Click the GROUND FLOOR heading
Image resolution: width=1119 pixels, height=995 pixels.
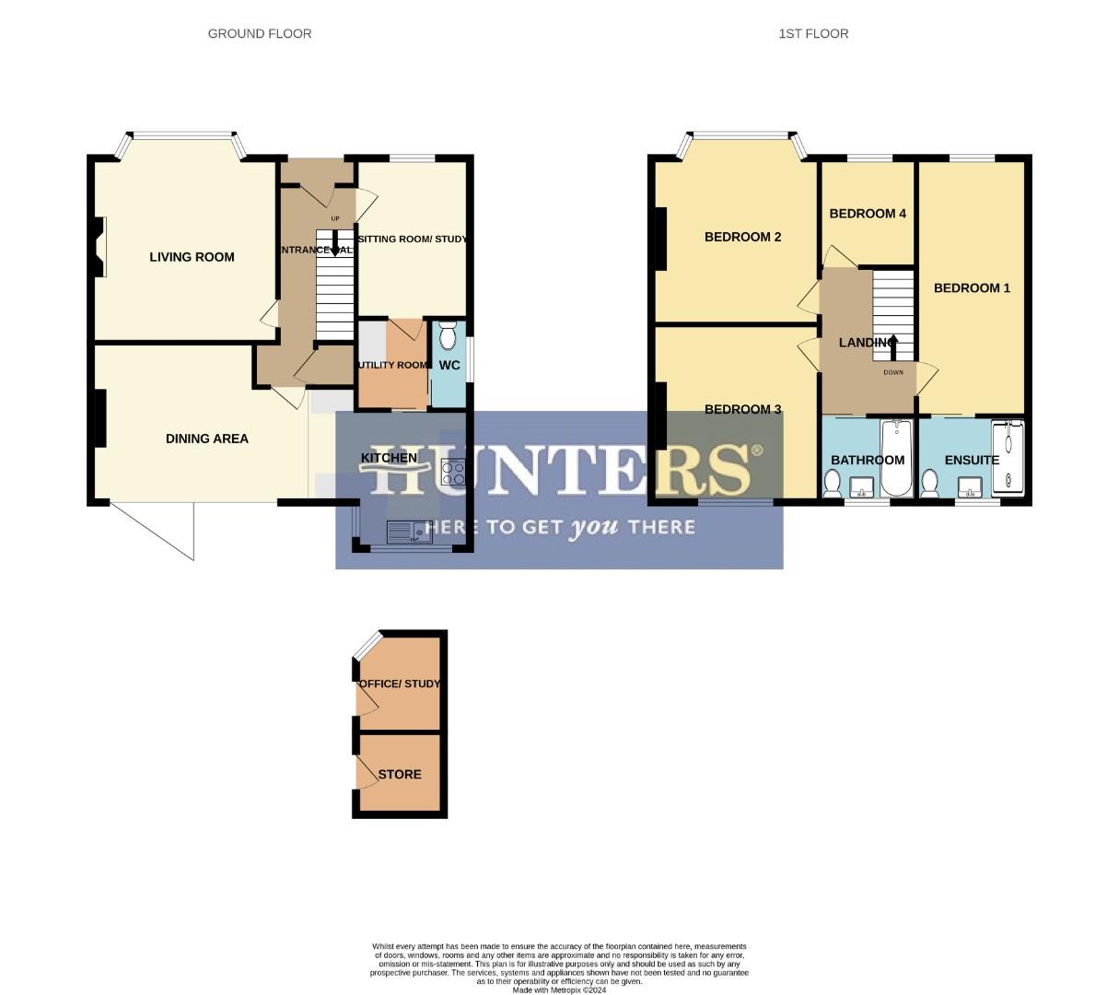point(260,34)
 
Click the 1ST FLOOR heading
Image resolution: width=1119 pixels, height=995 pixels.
point(813,34)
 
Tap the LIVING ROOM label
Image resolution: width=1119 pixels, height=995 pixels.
point(192,257)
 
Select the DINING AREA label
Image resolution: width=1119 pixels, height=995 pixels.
point(207,439)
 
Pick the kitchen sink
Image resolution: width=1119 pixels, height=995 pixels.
point(409,532)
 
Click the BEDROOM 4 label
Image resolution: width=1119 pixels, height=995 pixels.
point(868,214)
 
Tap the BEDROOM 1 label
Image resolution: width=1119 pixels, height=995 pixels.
point(972,288)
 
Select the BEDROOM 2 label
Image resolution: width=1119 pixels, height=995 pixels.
point(742,237)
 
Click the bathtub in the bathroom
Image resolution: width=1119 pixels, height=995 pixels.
point(894,458)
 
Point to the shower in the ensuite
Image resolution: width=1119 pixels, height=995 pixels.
point(1008,458)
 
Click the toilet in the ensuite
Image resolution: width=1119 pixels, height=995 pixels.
point(929,482)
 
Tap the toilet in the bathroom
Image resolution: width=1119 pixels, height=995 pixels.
point(832,482)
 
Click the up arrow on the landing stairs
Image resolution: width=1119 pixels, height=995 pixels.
point(892,346)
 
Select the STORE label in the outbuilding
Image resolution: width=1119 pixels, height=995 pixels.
point(400,775)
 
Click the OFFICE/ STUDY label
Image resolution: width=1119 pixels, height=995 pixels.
point(400,685)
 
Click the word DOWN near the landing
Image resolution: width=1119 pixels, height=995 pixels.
point(893,373)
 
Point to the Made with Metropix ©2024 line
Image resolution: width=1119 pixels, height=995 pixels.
point(559,990)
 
